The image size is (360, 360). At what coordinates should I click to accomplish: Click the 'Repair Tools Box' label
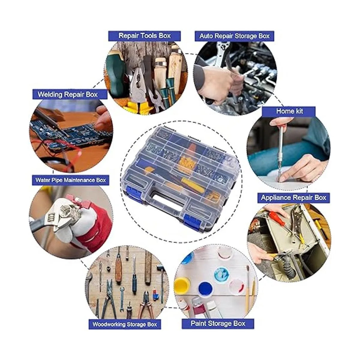click(144, 36)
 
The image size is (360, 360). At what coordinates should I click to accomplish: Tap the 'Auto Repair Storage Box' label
click(234, 36)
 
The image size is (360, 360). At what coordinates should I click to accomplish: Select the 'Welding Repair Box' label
click(70, 94)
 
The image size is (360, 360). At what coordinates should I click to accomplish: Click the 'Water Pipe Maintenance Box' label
click(70, 180)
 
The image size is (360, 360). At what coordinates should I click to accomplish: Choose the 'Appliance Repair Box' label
click(293, 198)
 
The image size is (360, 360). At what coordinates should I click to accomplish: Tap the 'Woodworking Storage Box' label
click(124, 324)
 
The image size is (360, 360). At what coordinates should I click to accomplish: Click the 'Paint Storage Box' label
click(218, 323)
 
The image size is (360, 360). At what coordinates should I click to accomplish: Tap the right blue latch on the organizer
click(192, 220)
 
